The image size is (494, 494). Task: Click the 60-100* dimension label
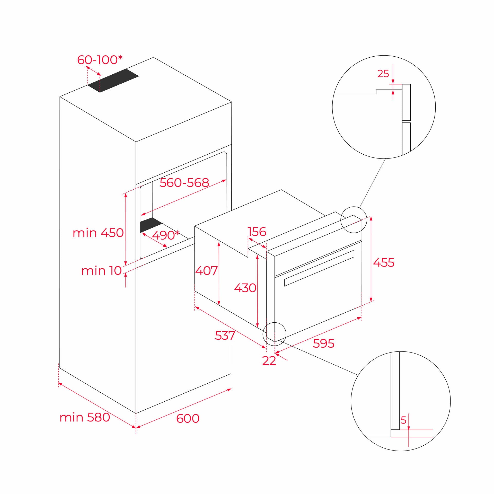(100, 60)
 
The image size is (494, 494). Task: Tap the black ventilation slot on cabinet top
(113, 80)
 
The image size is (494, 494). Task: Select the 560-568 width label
(184, 183)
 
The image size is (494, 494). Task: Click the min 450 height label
(98, 233)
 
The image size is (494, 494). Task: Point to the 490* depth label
(165, 235)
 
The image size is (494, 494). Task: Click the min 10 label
(101, 271)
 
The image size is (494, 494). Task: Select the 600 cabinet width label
(188, 418)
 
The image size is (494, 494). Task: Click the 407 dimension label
(206, 270)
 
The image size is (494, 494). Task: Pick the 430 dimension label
(245, 288)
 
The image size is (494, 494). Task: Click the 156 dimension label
(257, 232)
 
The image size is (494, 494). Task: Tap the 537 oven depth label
(225, 335)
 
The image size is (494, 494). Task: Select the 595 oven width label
(323, 343)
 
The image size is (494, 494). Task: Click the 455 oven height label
(384, 263)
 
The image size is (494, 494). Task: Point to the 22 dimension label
(269, 361)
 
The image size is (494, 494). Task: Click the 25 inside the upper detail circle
(383, 74)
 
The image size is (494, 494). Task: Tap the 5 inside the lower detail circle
(403, 420)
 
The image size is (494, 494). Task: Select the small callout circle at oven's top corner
(353, 220)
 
